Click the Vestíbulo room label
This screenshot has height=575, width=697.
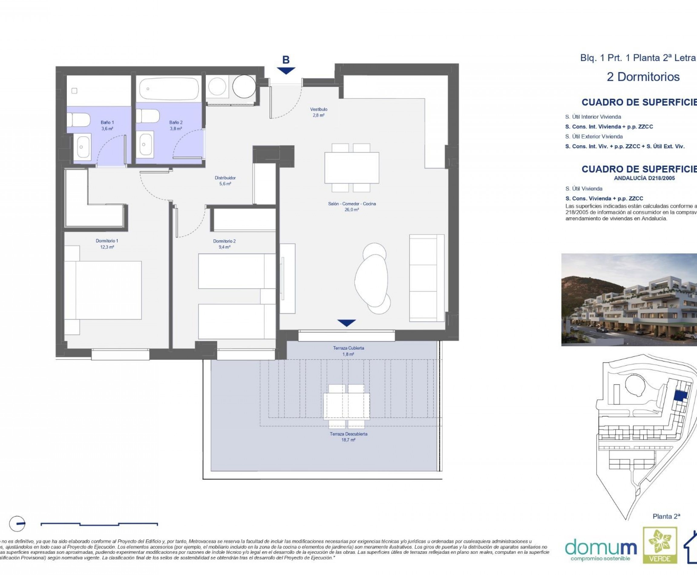point(319,109)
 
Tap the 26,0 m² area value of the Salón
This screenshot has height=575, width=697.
point(351,210)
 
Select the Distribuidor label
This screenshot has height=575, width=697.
point(225,178)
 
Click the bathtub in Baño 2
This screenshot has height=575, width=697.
point(169,89)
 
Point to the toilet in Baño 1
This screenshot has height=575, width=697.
point(79,120)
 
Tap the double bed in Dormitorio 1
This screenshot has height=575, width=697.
point(103,290)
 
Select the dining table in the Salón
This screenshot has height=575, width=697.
point(352,168)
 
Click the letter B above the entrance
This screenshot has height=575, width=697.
point(286,60)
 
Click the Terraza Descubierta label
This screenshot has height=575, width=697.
point(348,434)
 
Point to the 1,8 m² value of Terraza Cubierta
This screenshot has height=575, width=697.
point(348,354)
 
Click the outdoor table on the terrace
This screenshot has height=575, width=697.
point(346,406)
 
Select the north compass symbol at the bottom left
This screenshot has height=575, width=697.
point(17,524)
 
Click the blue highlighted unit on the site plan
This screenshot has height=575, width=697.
point(681,396)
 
